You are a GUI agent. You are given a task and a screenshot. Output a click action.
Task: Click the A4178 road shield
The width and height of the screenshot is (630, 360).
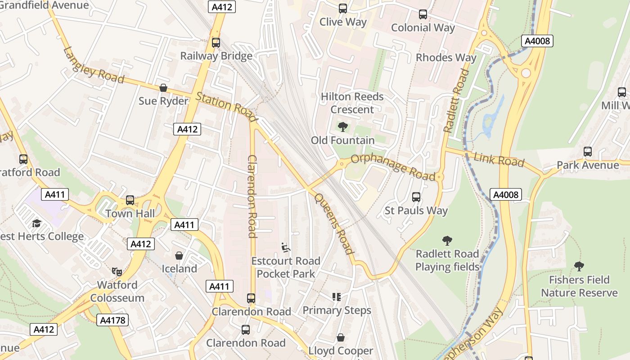coord(112,320)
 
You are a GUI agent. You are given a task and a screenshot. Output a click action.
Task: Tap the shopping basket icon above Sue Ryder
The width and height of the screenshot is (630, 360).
coord(163,88)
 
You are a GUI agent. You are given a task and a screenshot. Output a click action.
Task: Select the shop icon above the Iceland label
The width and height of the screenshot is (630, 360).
coord(179,256)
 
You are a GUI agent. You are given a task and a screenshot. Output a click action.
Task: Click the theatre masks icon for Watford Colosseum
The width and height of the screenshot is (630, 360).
coord(117,271)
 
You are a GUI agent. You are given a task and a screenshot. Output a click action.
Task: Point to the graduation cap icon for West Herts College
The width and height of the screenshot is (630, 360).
coord(36,223)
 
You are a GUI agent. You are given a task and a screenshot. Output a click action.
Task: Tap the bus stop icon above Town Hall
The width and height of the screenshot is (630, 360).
coord(130,200)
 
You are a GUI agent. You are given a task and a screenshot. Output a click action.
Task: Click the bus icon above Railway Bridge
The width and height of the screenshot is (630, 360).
coord(216,43)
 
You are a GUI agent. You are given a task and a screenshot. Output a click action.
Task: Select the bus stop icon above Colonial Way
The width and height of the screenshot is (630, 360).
coord(423,14)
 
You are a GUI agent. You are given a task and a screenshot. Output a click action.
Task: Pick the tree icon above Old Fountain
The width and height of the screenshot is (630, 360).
coord(343,127)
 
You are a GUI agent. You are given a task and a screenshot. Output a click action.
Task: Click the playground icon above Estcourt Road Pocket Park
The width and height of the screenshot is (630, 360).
coord(286,247)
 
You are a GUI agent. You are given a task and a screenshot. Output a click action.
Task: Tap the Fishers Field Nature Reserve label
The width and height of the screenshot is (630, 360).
coord(579,286)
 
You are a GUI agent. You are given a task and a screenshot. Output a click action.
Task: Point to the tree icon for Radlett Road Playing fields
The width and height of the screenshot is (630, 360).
coord(447,240)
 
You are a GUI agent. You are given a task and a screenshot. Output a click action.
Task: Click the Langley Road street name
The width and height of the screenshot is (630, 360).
coord(94,66)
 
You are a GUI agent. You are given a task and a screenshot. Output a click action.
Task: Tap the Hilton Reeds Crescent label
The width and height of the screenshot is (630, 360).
coord(352,103)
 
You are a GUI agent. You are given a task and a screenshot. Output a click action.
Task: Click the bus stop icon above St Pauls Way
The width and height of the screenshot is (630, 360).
coord(416,197)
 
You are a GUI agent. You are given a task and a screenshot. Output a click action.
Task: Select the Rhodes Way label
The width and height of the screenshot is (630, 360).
coord(445,58)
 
